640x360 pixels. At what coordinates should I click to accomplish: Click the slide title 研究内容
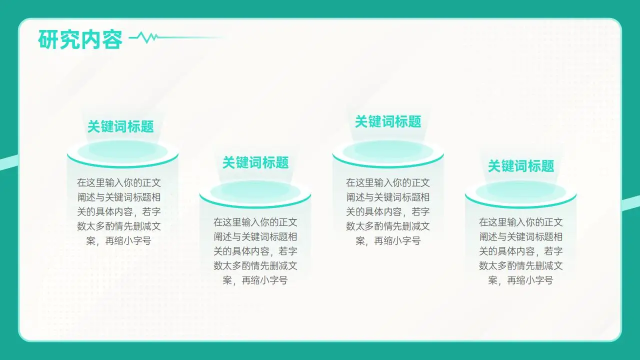point(80,39)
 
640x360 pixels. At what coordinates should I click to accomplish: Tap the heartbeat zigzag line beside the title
point(147,37)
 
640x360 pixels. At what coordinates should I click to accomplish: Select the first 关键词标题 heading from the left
point(120,126)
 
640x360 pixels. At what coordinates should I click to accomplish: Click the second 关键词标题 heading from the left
point(255,162)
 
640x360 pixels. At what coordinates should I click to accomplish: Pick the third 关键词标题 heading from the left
point(388,121)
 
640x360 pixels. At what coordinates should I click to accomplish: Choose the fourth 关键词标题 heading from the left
point(521,166)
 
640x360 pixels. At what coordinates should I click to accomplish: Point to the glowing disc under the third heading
point(388,150)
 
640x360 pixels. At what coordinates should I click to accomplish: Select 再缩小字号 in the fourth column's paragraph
point(530,280)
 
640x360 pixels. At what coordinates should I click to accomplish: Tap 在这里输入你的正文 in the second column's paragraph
point(255,222)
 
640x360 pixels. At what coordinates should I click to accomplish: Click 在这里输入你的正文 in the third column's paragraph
point(388,182)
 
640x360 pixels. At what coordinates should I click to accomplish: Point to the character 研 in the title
point(48,39)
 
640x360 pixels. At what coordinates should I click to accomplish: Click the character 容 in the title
point(112,39)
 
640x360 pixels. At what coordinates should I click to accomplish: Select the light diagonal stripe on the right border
point(631,202)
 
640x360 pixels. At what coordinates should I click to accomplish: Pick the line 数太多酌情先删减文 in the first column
point(119,226)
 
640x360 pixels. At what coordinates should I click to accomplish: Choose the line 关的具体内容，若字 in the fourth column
point(521,251)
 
